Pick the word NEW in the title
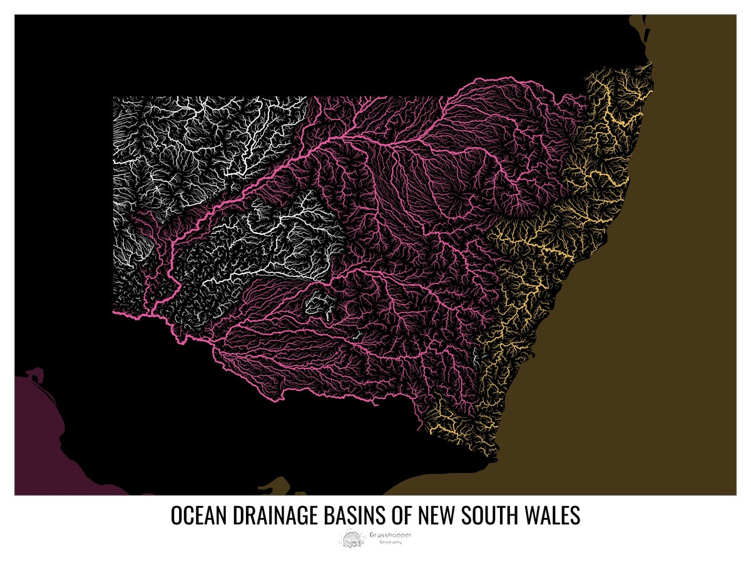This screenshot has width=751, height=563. pos(437,516)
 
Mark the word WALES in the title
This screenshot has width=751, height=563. pos(552,516)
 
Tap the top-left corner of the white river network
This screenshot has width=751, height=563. pos(115,99)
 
